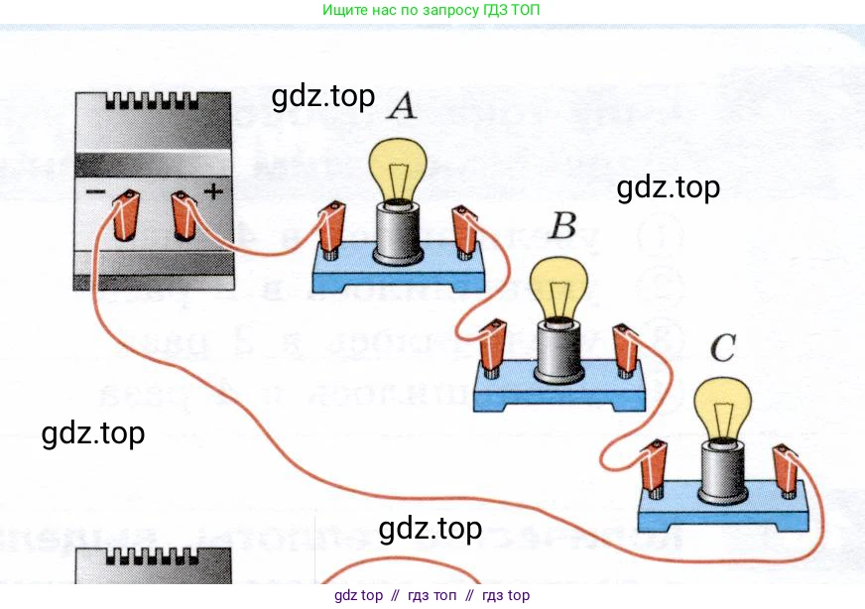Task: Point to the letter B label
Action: coord(562,227)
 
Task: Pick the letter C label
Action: coord(724,348)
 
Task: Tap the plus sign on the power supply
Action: coord(212,189)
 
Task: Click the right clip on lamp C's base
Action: coord(787,467)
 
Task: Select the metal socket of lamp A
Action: coord(398,232)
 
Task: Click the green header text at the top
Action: coord(432,10)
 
